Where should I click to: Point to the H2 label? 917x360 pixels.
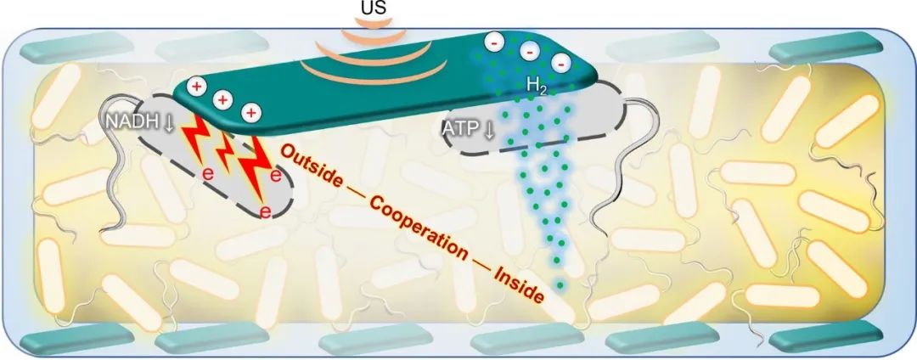(x=537, y=85)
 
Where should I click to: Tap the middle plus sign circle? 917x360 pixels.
(x=223, y=99)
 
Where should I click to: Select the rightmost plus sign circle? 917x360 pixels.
(x=251, y=112)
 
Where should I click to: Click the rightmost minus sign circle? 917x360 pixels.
(x=560, y=62)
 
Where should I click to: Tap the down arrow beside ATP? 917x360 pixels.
(x=491, y=131)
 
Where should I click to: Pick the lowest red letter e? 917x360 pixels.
(x=265, y=213)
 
